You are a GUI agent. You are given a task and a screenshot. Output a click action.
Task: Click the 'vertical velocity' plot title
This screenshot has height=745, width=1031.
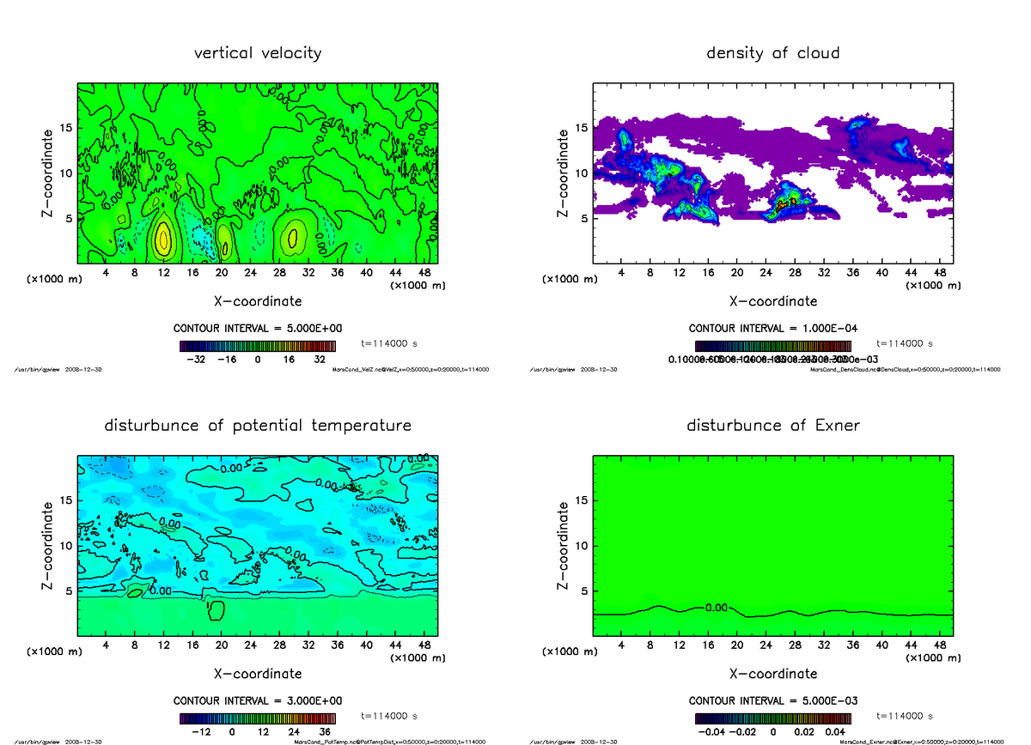(258, 53)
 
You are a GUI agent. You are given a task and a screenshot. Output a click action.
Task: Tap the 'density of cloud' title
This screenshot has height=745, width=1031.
(772, 53)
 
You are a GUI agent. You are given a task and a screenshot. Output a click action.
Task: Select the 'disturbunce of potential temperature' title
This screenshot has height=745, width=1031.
(258, 426)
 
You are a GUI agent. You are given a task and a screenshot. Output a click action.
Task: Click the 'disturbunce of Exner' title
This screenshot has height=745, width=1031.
(772, 426)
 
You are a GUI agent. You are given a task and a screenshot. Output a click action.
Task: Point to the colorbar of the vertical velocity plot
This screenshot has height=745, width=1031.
(257, 347)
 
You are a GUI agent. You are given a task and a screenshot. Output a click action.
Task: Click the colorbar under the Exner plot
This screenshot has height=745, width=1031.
(772, 719)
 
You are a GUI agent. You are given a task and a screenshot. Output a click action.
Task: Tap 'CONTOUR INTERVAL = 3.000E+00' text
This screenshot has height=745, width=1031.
(258, 700)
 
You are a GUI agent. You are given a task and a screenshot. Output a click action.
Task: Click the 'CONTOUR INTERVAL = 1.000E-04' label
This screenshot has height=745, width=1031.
(772, 328)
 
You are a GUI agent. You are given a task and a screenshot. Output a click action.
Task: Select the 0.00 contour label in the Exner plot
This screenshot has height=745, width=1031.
(716, 608)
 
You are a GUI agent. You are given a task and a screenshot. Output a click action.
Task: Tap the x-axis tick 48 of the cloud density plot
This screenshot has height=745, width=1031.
(939, 272)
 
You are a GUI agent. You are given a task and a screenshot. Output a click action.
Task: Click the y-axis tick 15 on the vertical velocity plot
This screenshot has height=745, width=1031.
(67, 129)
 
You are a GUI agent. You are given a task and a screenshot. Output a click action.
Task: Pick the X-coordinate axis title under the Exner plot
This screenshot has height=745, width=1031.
(772, 674)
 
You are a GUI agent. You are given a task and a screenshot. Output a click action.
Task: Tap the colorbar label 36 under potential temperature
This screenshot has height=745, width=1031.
(326, 732)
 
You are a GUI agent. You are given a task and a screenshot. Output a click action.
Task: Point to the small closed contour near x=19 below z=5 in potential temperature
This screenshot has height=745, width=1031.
(216, 610)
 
